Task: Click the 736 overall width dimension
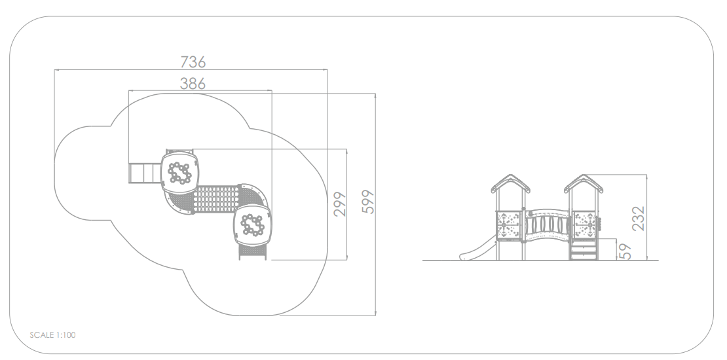click(193, 62)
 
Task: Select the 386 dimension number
click(193, 84)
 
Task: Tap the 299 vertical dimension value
click(341, 204)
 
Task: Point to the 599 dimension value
click(368, 202)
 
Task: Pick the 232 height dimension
click(639, 219)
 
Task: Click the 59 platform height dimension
click(625, 251)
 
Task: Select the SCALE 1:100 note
click(52, 335)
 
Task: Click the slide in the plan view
click(145, 173)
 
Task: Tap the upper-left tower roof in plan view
click(180, 173)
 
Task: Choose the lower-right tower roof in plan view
click(253, 225)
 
